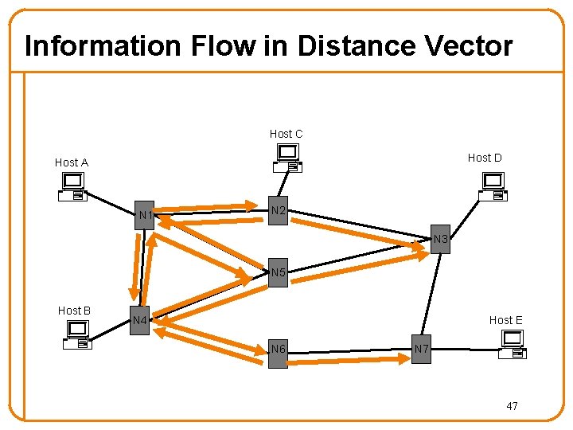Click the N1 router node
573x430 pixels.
[144, 215]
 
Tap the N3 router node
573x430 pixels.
[441, 239]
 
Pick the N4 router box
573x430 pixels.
[140, 321]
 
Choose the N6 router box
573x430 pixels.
[278, 350]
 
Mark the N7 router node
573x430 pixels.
[422, 349]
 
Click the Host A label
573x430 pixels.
[72, 162]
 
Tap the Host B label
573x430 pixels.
[74, 311]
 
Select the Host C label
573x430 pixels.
[286, 134]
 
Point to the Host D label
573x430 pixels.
[485, 158]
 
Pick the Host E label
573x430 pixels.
[505, 320]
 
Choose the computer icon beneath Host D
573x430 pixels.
[493, 187]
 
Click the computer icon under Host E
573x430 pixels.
[511, 344]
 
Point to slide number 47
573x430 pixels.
[512, 406]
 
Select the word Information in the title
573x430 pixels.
[104, 46]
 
